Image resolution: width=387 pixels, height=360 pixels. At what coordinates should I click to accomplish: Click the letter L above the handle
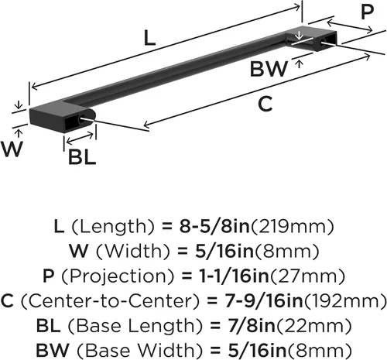(149, 39)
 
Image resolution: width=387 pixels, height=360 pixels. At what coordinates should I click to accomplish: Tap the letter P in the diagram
(367, 12)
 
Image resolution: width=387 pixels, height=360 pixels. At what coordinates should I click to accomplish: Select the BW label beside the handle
(269, 69)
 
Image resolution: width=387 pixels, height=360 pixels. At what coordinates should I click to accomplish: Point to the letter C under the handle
(265, 104)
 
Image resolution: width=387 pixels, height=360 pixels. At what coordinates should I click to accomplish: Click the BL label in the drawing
(82, 157)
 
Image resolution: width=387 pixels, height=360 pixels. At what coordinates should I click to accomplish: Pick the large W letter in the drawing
(12, 149)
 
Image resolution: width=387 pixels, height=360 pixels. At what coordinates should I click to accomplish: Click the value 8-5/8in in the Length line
(214, 226)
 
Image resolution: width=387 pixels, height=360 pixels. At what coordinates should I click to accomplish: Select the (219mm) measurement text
(293, 227)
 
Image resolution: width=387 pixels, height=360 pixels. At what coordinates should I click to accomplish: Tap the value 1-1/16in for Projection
(234, 276)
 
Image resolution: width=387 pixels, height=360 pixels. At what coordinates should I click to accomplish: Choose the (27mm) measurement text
(307, 276)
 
